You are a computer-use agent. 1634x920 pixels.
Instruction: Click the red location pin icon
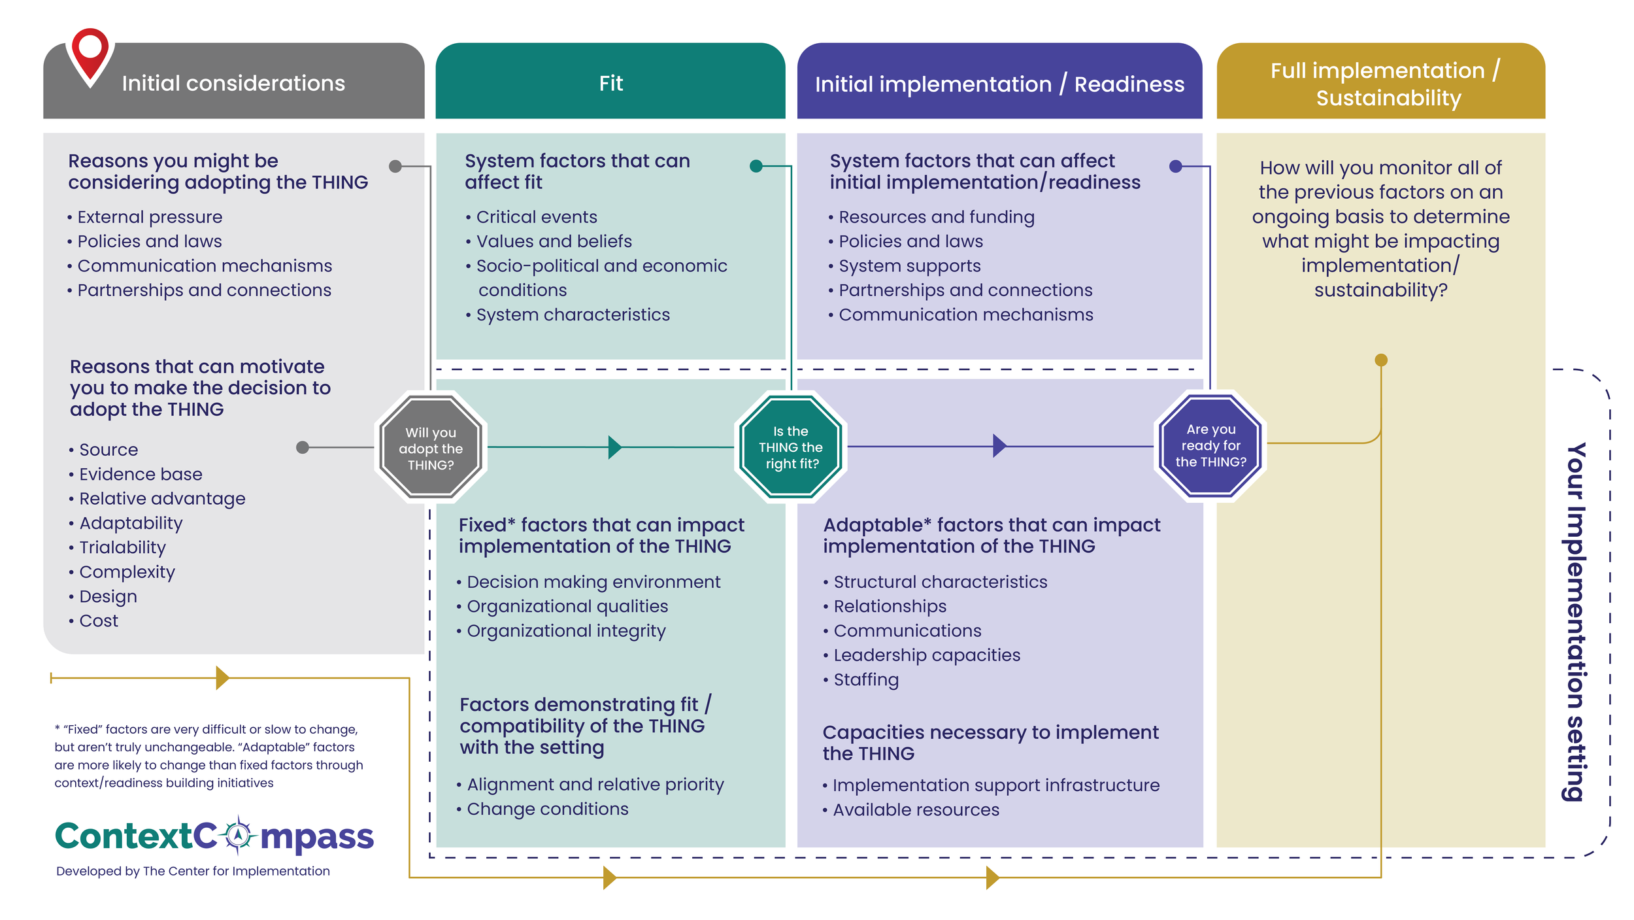pos(90,54)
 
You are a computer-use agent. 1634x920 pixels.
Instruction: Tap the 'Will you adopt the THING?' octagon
pos(431,448)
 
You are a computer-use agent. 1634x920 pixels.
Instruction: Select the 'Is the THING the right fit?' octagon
pos(790,447)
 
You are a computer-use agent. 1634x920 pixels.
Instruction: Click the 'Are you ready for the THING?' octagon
pos(1210,446)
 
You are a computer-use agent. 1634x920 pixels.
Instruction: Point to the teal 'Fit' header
pos(610,83)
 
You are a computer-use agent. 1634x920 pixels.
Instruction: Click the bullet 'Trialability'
pos(122,547)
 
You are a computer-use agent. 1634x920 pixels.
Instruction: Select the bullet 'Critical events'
pos(536,217)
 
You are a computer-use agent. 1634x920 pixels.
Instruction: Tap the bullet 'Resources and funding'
pos(936,217)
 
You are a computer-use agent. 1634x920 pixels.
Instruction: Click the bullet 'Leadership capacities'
pos(926,655)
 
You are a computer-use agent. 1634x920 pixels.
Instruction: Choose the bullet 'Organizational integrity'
pos(566,631)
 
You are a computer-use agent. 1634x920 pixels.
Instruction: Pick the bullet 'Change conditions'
pos(547,809)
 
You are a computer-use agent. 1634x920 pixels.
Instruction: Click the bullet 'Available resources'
pos(915,810)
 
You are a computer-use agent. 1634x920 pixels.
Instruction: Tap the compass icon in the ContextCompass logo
pos(239,835)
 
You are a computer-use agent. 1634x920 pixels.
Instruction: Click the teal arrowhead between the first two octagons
pos(614,447)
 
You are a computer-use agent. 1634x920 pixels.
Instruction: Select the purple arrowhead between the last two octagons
pos(999,446)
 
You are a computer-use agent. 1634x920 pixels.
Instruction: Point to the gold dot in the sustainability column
pos(1380,360)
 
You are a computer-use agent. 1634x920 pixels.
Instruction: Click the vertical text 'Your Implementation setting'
pos(1576,621)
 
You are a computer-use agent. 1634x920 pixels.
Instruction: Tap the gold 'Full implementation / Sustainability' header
pos(1380,83)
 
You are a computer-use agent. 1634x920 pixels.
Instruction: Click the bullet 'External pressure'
pos(150,217)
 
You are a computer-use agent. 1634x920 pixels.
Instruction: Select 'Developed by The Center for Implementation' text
pos(193,871)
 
